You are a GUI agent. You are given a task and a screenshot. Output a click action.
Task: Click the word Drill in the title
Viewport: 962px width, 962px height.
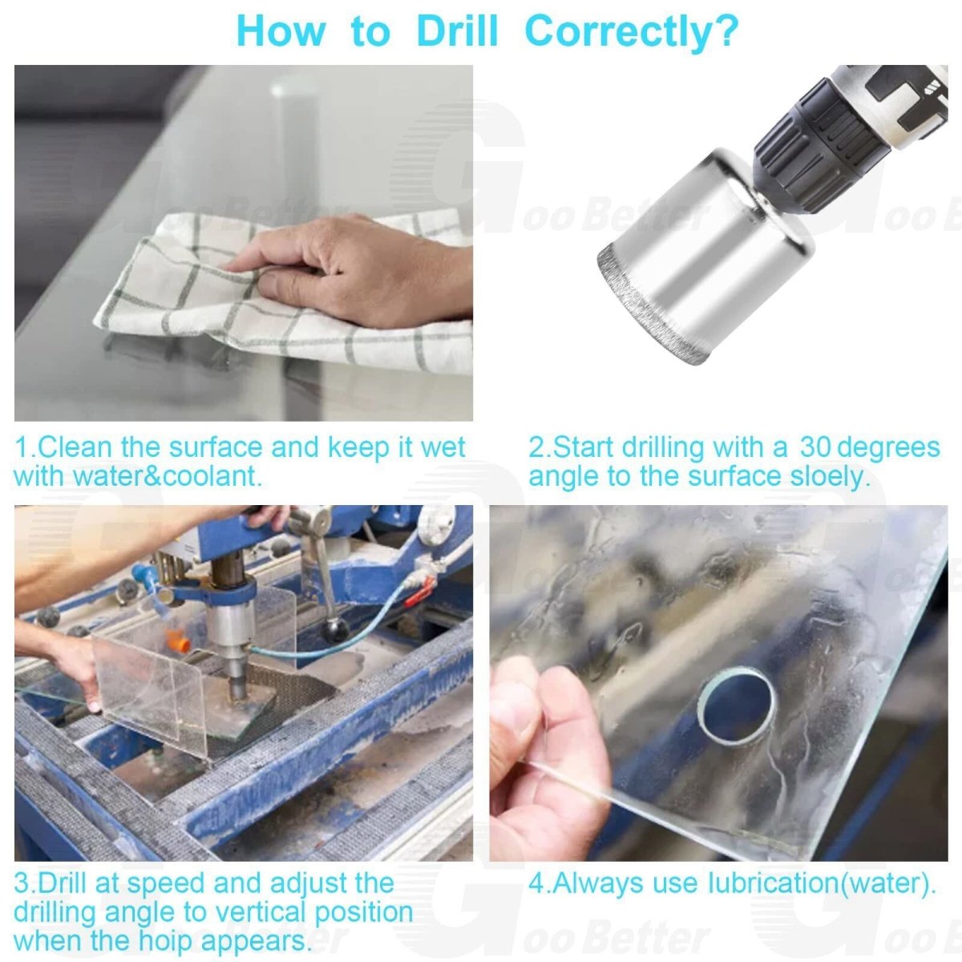(457, 30)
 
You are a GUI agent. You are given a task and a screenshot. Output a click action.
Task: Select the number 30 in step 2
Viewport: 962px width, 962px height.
(816, 447)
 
